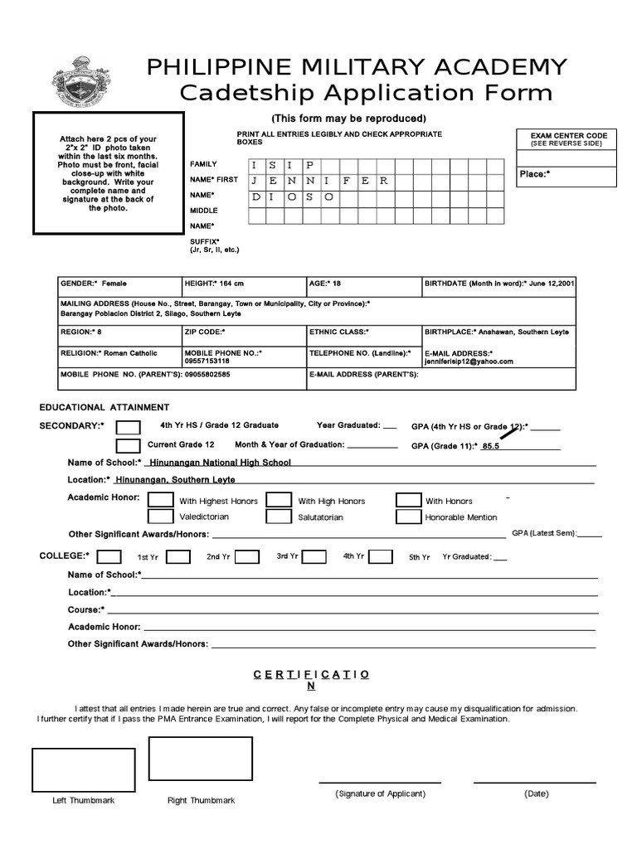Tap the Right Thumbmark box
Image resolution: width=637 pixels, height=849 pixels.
point(200,759)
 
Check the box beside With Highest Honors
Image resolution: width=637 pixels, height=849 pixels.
point(161,500)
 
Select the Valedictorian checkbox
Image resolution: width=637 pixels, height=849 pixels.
point(161,517)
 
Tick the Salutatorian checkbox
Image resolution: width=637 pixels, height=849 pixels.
point(279,517)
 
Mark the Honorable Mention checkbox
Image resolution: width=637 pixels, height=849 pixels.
point(408,517)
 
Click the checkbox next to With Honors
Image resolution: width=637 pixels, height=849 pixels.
point(408,500)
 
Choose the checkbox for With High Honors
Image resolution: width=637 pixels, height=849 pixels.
point(279,500)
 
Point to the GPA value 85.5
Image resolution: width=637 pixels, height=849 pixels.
point(491,446)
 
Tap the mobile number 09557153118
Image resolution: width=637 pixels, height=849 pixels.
point(207,361)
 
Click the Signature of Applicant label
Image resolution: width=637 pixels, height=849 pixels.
point(380,793)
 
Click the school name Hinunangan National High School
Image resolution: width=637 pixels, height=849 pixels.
point(219,463)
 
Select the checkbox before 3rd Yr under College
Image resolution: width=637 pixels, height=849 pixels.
point(314,557)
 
